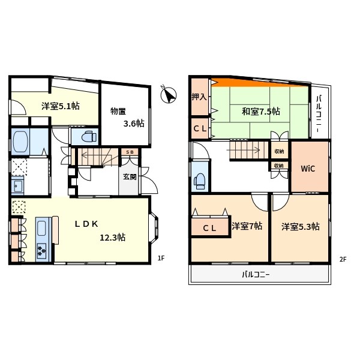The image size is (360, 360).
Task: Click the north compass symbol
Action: (170, 95)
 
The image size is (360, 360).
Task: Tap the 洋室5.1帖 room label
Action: (60, 106)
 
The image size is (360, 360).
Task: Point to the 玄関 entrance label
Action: (130, 177)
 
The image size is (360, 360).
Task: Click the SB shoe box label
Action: (130, 152)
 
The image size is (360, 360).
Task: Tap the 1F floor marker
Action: (161, 259)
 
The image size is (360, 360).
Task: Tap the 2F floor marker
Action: (343, 259)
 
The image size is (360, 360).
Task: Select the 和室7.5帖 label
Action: (261, 111)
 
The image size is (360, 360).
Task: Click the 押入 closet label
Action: (199, 96)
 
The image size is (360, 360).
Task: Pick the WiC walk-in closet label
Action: (308, 167)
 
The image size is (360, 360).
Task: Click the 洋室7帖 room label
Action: (247, 227)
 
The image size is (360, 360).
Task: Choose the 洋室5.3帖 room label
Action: (301, 227)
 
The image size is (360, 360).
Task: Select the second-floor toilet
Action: (200, 179)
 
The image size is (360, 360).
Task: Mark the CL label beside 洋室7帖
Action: (209, 228)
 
